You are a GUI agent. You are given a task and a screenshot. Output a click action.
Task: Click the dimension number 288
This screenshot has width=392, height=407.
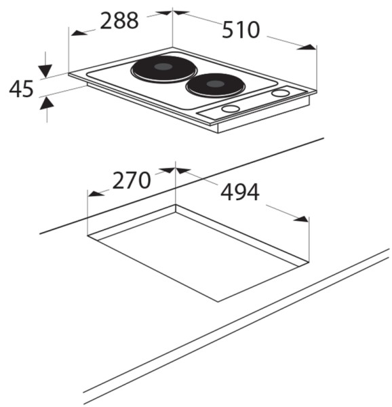tap(119, 20)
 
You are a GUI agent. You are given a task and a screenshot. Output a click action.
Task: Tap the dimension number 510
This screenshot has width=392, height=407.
tap(241, 30)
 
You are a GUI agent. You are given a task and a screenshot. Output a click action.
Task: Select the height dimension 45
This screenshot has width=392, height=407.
tap(21, 89)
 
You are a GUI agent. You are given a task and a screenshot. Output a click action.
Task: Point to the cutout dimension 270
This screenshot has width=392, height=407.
tap(132, 180)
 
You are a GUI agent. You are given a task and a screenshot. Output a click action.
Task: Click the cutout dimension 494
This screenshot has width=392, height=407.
tap(239, 192)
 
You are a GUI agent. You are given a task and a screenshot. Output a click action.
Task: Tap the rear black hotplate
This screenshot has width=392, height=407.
tap(163, 69)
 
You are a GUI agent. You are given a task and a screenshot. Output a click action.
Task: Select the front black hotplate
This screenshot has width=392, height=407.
tap(215, 86)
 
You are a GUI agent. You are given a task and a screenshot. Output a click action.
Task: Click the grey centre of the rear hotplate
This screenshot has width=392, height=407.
tap(163, 66)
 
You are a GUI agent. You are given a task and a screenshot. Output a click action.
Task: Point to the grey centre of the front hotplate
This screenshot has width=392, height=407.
tap(215, 84)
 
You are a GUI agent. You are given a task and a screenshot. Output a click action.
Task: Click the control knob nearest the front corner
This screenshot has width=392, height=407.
tap(231, 109)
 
